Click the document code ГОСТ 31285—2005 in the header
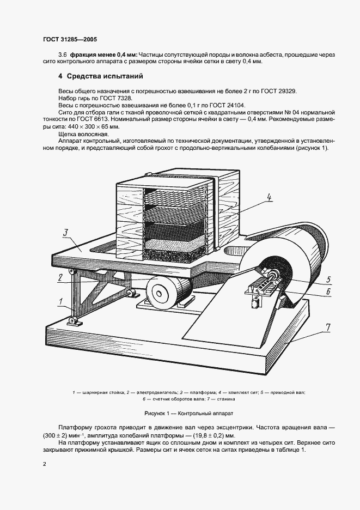pyautogui.click(x=70, y=39)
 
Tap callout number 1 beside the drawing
pyautogui.click(x=61, y=300)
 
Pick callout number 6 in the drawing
pyautogui.click(x=328, y=291)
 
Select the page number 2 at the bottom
pyautogui.click(x=45, y=464)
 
